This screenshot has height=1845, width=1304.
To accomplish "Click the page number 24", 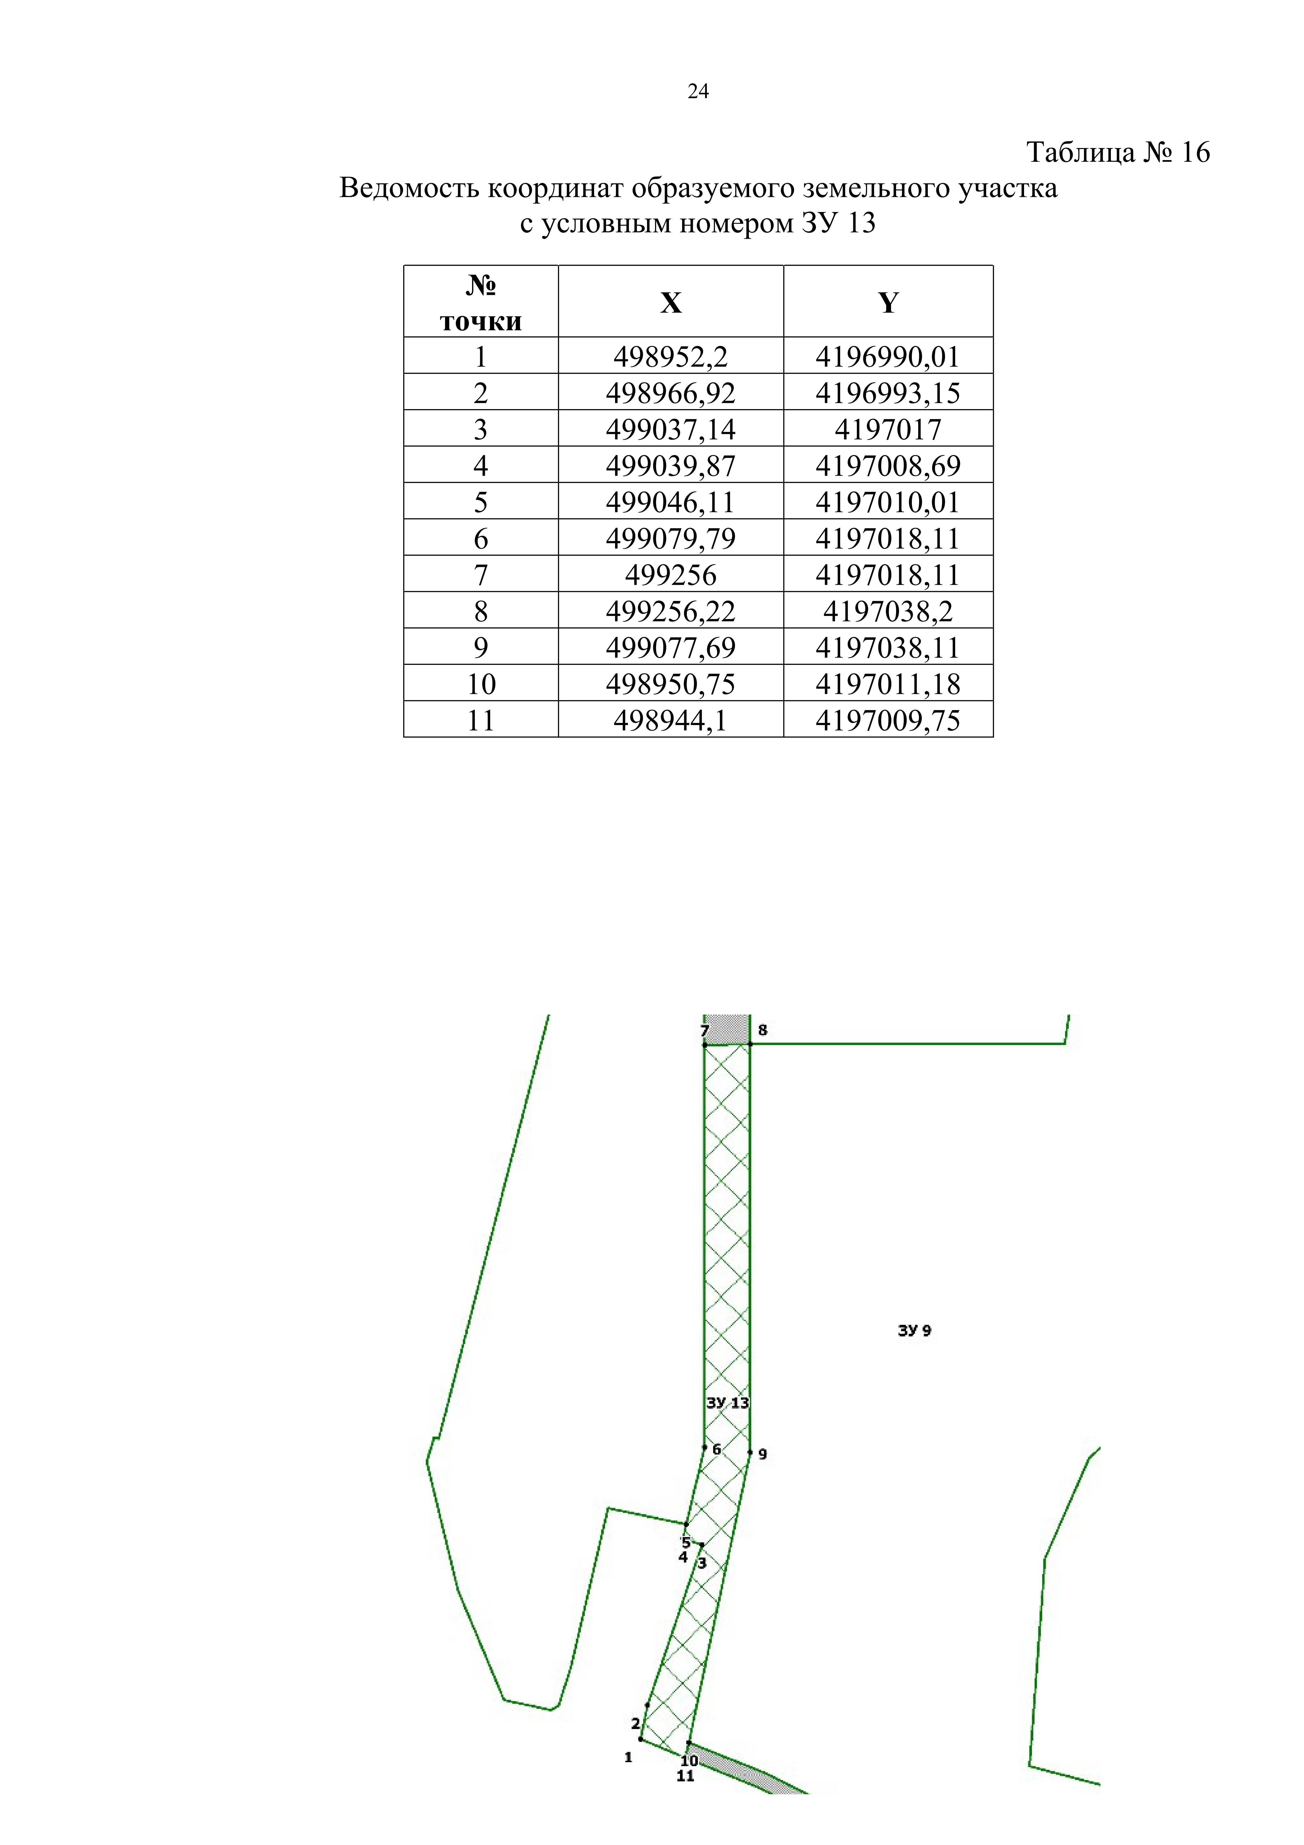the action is click(x=698, y=92).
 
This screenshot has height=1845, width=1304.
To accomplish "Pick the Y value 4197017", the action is click(x=888, y=429).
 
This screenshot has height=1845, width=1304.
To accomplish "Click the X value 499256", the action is click(x=671, y=575).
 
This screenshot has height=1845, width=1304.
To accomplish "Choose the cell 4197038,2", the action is click(x=888, y=611).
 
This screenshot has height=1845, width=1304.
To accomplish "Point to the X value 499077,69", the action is click(x=671, y=648).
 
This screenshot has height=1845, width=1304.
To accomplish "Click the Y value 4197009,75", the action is click(x=888, y=720).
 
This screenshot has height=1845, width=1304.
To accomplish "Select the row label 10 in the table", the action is click(x=481, y=684).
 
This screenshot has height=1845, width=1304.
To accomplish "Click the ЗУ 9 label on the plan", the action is click(x=914, y=1331).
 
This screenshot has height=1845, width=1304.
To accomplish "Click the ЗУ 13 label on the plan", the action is click(x=727, y=1403).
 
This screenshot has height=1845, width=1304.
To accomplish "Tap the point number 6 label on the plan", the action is click(x=717, y=1450).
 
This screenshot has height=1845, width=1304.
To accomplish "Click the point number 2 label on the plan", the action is click(x=636, y=1724).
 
